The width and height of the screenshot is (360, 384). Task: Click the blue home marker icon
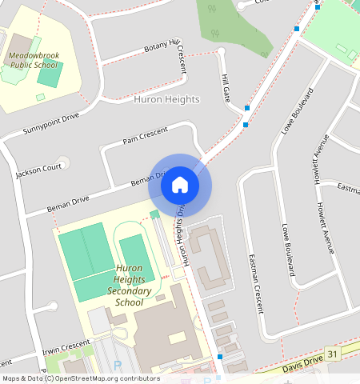point(180,185)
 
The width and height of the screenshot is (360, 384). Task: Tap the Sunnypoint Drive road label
point(51,122)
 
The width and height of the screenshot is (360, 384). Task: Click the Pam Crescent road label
point(145,134)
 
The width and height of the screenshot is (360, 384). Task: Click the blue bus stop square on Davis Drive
point(220,356)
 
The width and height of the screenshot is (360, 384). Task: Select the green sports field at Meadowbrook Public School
point(50,74)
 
